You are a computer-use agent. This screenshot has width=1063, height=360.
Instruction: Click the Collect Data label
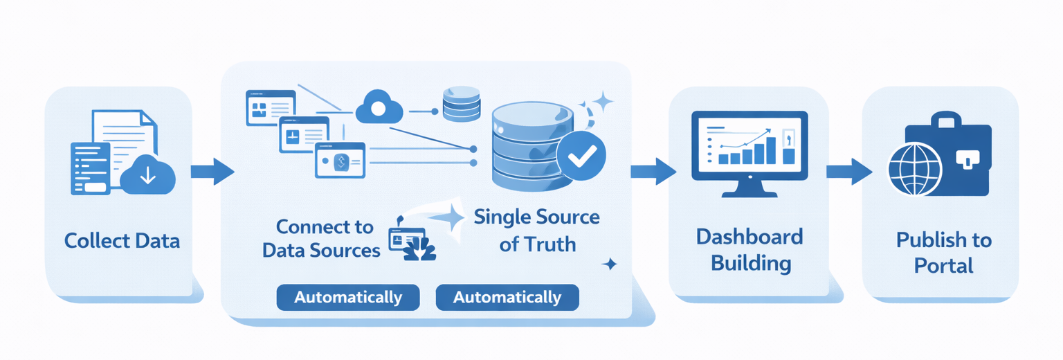[122, 241]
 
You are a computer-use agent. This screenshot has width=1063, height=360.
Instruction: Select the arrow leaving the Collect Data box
[212, 171]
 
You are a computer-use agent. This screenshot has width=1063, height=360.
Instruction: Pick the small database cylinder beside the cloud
[462, 104]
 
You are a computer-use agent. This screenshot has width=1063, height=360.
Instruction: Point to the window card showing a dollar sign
[339, 161]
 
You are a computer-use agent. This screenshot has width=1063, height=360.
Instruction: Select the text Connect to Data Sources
[322, 238]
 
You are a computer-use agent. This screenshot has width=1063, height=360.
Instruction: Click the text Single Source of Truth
[536, 230]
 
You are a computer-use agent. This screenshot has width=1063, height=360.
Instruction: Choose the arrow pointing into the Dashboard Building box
[653, 171]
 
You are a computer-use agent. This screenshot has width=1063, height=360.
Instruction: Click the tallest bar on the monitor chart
[770, 150]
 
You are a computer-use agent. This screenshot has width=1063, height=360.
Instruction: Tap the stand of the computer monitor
[749, 188]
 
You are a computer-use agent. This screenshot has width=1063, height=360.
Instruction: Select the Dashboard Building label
[749, 249]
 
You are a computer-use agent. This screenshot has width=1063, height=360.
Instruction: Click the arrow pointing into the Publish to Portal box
[848, 171]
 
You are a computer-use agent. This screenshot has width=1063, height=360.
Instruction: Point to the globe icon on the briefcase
[915, 169]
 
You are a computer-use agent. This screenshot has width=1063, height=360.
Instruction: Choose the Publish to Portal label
[943, 253]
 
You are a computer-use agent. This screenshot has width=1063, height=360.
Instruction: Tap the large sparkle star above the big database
[602, 102]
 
